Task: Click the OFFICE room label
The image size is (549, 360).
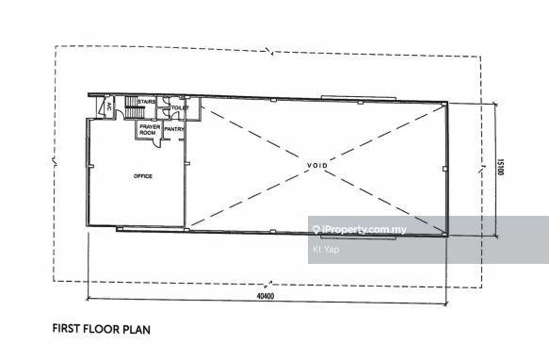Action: [143, 176]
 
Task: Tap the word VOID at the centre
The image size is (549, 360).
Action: [317, 165]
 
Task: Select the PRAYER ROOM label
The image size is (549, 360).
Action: [150, 130]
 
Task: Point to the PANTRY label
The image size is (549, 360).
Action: [174, 129]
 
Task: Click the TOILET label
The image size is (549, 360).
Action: [180, 107]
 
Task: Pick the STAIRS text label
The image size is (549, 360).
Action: [146, 102]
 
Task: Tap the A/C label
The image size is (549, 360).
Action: [109, 106]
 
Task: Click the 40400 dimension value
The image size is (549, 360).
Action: [266, 296]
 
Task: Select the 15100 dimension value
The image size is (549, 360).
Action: [500, 167]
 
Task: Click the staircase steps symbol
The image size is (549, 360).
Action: [133, 106]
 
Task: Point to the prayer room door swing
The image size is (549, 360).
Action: [157, 141]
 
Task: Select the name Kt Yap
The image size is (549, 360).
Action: [326, 249]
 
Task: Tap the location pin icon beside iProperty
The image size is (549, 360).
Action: [316, 230]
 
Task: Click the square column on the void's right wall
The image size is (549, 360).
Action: [444, 169]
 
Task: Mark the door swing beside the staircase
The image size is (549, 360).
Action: [119, 114]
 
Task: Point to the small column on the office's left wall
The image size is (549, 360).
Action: [91, 166]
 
